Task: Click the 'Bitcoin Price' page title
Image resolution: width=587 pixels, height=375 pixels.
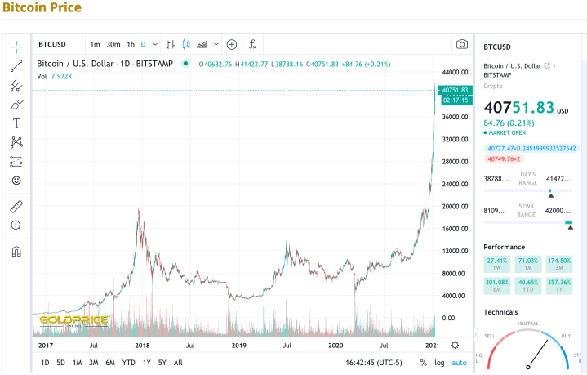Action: (x=41, y=7)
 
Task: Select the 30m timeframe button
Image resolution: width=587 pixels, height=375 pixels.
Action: (x=113, y=44)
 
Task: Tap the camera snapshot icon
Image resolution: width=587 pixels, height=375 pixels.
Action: (x=461, y=44)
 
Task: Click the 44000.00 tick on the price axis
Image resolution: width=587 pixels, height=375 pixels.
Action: (x=454, y=73)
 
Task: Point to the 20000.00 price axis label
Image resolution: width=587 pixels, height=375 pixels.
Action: (x=454, y=207)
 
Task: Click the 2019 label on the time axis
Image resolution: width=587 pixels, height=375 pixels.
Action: (x=238, y=346)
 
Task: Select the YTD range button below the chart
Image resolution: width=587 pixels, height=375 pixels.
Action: (x=128, y=363)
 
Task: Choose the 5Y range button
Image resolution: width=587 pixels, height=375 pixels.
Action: (x=162, y=363)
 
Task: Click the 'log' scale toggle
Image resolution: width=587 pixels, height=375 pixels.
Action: (x=440, y=363)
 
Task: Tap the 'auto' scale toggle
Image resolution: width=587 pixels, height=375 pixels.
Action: (x=459, y=363)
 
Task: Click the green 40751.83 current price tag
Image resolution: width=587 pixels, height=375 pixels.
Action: (x=455, y=90)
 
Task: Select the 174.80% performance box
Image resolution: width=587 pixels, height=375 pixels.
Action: (x=558, y=263)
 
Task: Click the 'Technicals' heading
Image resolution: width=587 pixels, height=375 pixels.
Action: (x=500, y=312)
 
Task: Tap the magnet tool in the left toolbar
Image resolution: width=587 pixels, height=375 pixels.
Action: (x=16, y=251)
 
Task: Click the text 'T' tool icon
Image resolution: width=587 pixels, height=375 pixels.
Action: (x=16, y=123)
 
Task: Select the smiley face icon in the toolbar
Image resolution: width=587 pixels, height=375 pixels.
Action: (x=16, y=181)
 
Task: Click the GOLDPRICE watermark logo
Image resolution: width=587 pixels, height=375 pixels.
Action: (x=73, y=320)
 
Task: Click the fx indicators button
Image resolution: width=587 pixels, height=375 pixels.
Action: (x=253, y=44)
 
